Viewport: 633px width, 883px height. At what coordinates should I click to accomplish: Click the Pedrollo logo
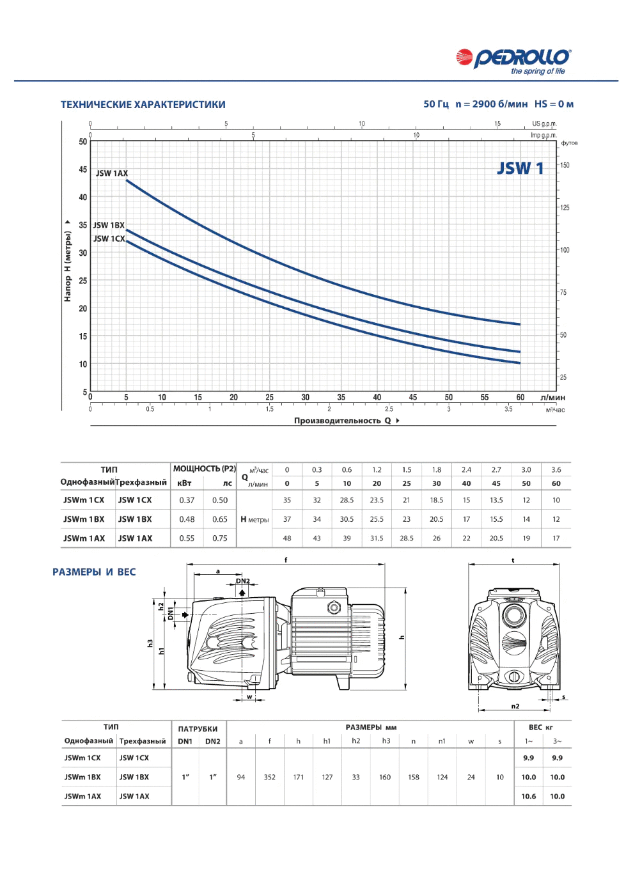tap(513, 61)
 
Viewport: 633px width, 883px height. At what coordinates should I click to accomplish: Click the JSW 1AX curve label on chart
tap(112, 173)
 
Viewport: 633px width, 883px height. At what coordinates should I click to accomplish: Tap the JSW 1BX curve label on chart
tap(109, 225)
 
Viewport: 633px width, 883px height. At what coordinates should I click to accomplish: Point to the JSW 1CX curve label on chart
tap(109, 238)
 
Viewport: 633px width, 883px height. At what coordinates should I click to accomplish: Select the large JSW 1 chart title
tap(520, 168)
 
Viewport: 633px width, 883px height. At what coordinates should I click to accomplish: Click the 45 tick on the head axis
tap(82, 169)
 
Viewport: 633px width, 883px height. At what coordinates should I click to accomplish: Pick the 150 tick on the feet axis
tap(565, 165)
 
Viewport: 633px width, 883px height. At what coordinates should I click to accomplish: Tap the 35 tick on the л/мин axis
tap(341, 397)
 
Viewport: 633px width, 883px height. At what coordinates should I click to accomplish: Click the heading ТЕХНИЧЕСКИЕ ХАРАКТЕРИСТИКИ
tap(143, 104)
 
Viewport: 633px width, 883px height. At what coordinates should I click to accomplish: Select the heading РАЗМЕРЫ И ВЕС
tap(94, 572)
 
